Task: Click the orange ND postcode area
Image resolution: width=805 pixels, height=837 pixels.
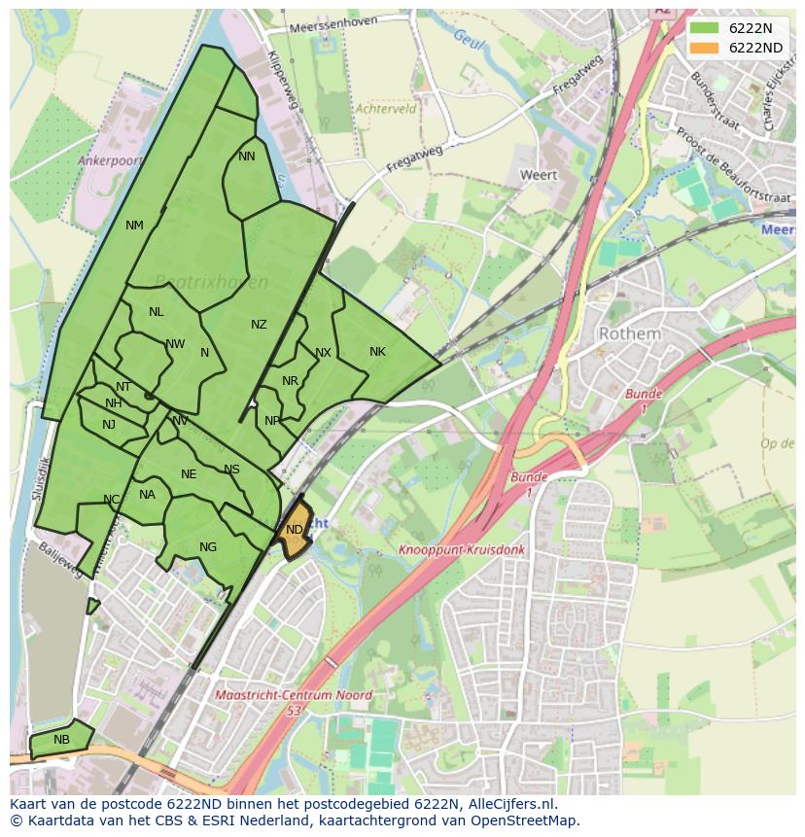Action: pos(294,530)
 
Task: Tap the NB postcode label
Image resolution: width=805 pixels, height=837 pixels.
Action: pos(61,740)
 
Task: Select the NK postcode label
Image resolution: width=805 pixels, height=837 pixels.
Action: pos(377,352)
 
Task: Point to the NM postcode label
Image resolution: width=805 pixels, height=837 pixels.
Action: pos(134,226)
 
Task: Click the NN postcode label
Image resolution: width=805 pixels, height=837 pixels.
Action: pos(247,157)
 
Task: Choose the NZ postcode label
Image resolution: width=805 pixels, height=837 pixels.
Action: pos(259,325)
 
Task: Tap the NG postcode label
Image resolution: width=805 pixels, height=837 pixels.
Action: pos(208,547)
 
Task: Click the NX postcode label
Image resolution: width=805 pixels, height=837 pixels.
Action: pos(323,353)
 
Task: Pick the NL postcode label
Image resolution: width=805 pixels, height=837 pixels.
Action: pos(157,312)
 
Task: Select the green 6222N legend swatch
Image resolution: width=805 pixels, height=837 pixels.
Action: pos(705,29)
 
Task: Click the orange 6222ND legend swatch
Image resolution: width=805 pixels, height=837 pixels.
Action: pos(705,48)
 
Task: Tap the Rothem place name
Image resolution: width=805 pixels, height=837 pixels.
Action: pos(630,333)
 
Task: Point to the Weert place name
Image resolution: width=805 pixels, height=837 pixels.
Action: pos(539,175)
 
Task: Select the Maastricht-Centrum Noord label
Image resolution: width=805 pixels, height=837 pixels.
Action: pos(293,696)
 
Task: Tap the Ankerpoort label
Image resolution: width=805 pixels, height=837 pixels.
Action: pos(110,160)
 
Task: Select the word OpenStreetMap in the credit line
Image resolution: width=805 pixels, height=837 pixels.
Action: pos(523,820)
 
